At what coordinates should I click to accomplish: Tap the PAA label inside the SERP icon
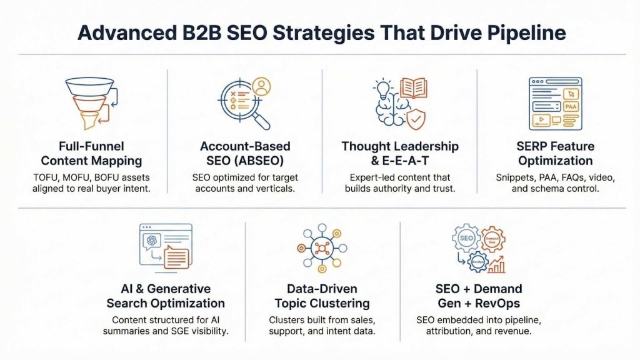point(570,106)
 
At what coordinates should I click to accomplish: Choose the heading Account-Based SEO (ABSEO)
point(245,153)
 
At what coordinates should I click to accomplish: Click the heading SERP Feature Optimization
point(555,153)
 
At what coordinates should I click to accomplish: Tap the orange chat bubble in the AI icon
point(176,257)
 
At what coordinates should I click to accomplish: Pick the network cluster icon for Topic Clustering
point(322,248)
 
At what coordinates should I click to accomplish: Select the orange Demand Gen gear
point(492,239)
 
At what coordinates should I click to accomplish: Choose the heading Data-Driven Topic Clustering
point(322,296)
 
